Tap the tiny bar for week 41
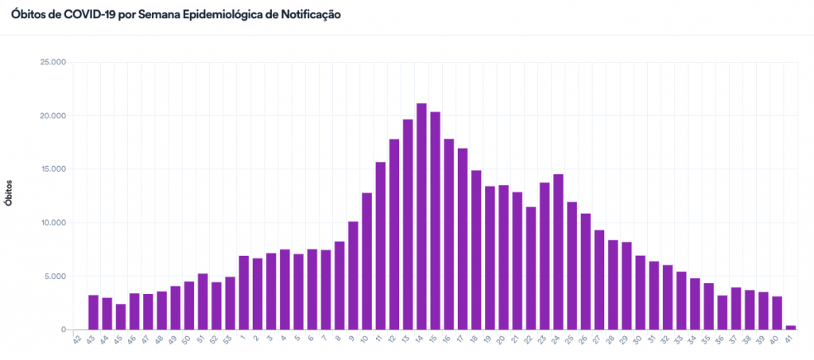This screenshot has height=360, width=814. pos(791,327)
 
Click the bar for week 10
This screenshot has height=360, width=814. pos(366,261)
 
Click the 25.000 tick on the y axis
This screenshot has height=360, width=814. pos(52,62)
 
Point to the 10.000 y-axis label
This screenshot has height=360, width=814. pos(52,223)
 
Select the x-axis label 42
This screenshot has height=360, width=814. pos(78,340)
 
